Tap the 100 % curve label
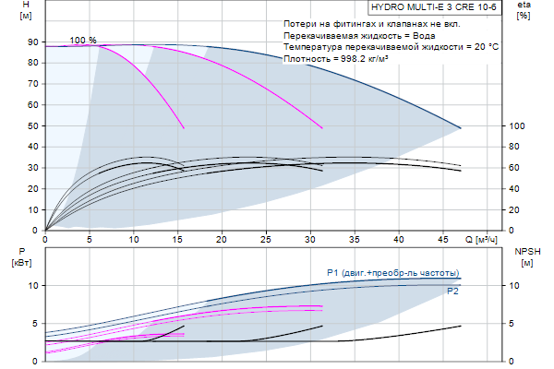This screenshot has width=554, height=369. coord(83,40)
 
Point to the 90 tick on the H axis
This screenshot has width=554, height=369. coord(32,43)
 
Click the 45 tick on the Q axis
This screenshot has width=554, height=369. coord(443,239)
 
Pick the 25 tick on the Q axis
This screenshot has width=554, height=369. coord(266,239)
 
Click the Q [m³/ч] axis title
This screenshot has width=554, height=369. coord(480,239)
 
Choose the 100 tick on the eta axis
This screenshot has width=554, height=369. coord(517,126)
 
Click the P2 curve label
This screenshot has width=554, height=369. coord(452,292)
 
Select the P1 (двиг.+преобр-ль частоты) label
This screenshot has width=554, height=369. coord(392,272)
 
